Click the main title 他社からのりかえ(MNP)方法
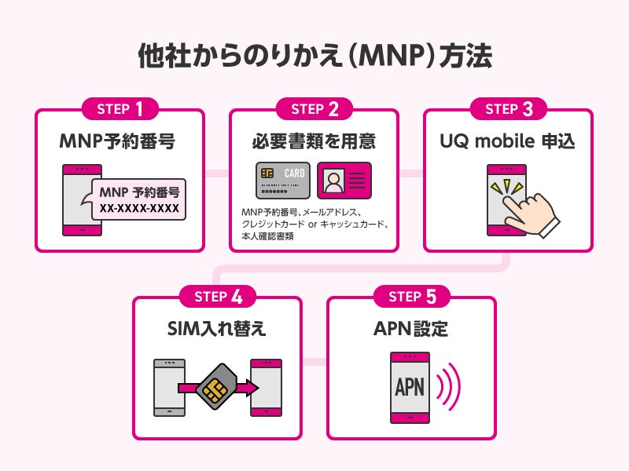click(x=314, y=57)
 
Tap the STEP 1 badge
click(x=120, y=109)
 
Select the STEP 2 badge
click(x=314, y=109)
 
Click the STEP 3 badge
click(x=508, y=109)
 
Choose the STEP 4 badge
click(x=218, y=297)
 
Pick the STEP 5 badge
click(x=411, y=297)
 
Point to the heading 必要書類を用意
click(x=314, y=141)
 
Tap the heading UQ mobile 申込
click(x=508, y=141)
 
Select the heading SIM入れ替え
click(x=218, y=329)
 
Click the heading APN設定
click(x=411, y=329)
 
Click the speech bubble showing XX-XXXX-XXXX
click(x=138, y=200)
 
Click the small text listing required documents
click(x=314, y=224)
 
